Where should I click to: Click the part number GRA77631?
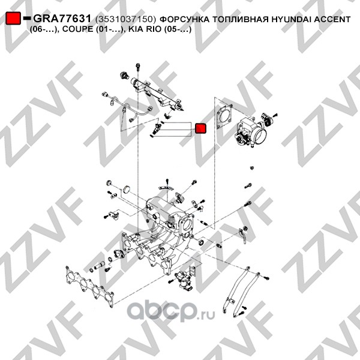coord(62,19)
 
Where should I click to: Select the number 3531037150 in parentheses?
coord(125,20)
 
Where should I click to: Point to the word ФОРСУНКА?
coord(184,20)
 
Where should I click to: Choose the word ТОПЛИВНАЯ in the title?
coord(240,20)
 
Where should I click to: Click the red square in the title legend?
coord(13,19)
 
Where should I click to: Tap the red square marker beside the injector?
coord(200,128)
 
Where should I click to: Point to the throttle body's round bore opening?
coord(261,136)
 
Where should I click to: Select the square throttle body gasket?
coord(225,116)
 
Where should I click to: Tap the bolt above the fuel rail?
coord(138,67)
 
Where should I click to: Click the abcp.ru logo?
coord(171,311)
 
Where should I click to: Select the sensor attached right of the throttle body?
coord(268,119)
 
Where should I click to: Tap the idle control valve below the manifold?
coord(183,280)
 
